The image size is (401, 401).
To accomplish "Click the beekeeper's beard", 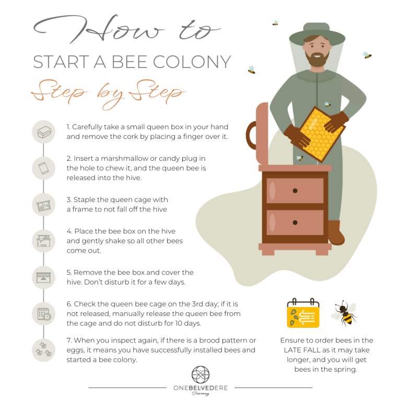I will pos(316,60).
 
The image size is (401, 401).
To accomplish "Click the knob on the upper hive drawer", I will pos(295,191).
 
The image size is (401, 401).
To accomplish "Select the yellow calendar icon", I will pos(303,313).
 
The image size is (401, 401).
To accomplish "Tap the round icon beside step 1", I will pos(43,131).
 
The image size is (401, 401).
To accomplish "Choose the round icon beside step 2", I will pos(43,168).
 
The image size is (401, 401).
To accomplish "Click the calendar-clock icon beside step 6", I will pos(43,314).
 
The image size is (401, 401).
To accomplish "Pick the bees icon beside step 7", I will pos(43,349).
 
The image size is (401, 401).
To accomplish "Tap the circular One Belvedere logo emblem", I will pos(200,374).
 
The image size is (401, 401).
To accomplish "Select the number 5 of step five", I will pos(69,272).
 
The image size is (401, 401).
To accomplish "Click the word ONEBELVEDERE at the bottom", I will pos(200,388).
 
